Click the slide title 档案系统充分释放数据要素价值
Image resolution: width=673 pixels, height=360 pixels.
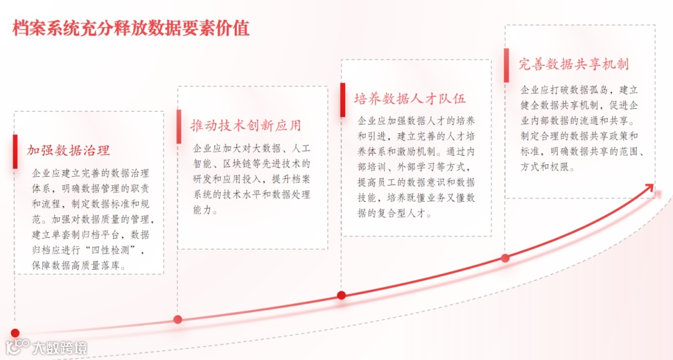[131, 28]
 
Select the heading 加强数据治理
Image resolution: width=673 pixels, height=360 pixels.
[69, 150]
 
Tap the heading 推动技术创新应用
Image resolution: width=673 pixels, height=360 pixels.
[246, 125]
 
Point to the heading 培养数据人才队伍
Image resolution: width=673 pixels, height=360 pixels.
[410, 98]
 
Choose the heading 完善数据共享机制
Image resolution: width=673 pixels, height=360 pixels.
[574, 64]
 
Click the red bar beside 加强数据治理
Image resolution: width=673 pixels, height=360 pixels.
[16, 151]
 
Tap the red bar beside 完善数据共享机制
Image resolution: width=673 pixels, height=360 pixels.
[506, 65]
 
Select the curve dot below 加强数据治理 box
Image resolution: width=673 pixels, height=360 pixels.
[15, 333]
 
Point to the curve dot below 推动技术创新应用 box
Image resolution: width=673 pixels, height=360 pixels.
[178, 320]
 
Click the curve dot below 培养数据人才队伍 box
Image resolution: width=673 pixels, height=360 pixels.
[341, 295]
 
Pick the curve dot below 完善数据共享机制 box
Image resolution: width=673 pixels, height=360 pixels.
[505, 258]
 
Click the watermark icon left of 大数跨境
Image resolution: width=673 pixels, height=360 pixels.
[18, 347]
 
